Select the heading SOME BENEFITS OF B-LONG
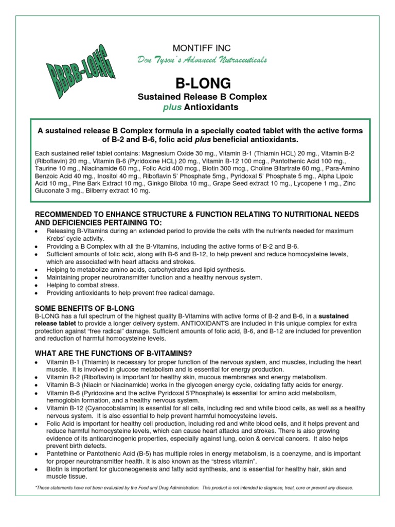84,308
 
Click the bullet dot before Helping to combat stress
35,286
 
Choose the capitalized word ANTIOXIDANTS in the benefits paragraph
191,323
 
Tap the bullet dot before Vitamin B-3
35,385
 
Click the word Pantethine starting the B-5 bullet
62,446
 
